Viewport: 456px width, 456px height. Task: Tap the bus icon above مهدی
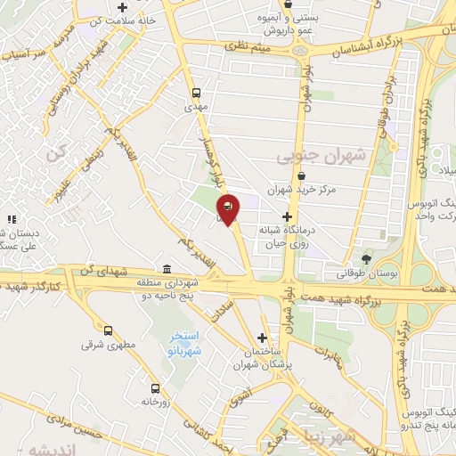coord(196,92)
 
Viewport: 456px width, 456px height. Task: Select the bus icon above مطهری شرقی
coord(109,330)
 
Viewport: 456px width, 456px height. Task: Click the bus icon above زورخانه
coord(157,388)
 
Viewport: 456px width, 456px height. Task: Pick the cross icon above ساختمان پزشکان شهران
coord(262,338)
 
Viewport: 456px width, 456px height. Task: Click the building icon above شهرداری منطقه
coord(167,270)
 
